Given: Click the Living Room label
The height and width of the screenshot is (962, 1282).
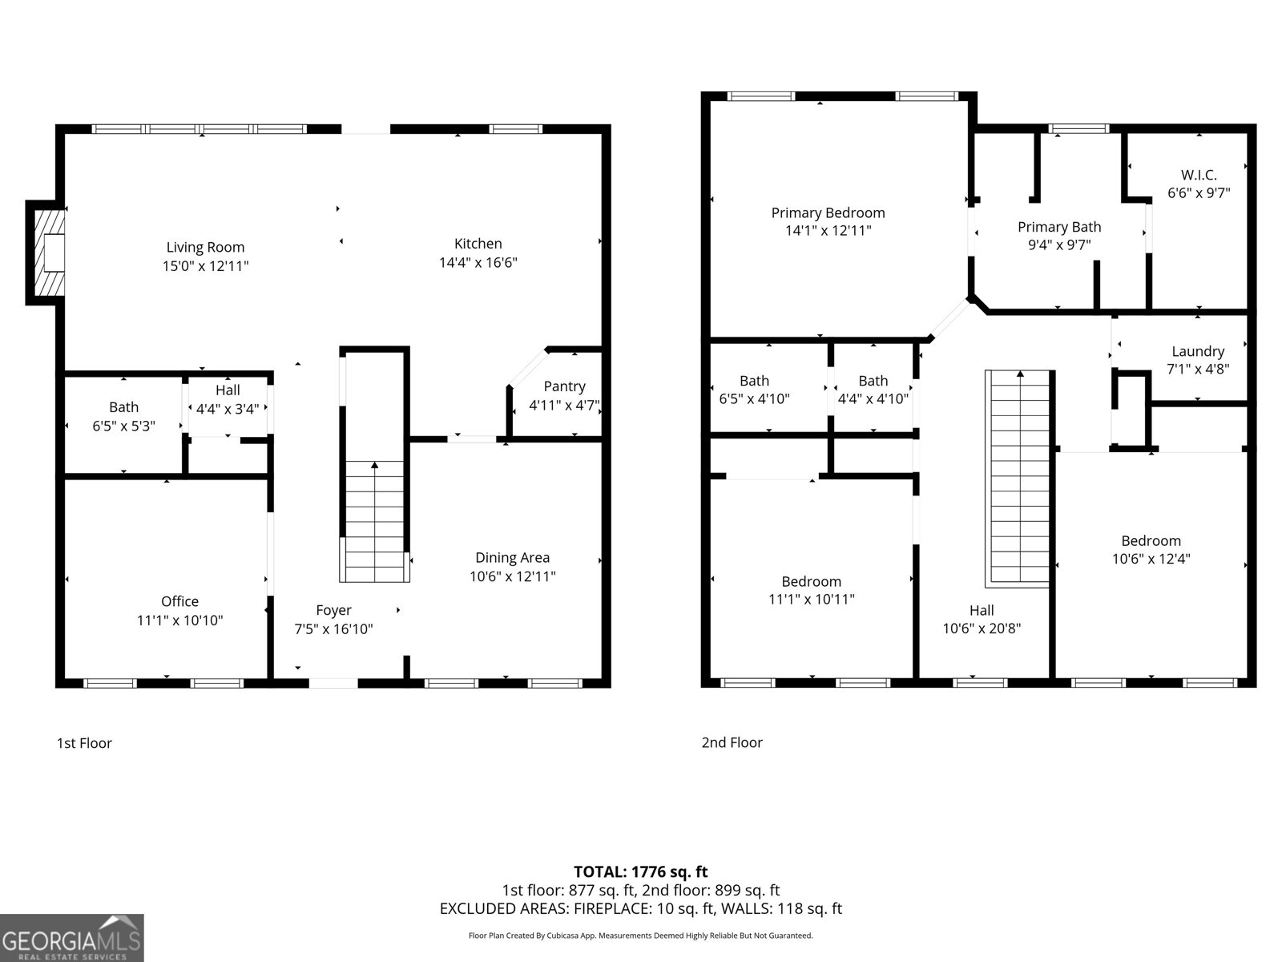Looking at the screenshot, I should [x=205, y=248].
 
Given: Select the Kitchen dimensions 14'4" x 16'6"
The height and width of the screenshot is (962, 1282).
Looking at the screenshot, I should [x=478, y=262].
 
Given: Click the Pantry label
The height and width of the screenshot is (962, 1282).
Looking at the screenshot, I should [x=564, y=386].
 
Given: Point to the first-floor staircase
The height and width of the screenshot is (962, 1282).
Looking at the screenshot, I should [x=374, y=521].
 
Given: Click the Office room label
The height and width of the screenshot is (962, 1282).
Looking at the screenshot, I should [x=179, y=601].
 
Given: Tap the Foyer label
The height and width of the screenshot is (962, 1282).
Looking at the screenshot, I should [x=333, y=610].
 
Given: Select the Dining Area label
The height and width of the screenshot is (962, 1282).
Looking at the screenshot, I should [x=512, y=558].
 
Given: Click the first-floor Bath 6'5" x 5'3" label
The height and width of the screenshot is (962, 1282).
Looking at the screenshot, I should [x=123, y=407].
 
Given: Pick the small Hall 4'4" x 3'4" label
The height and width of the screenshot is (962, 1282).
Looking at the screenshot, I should [x=228, y=390].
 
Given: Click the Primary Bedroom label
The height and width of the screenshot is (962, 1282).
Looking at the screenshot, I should [x=828, y=212].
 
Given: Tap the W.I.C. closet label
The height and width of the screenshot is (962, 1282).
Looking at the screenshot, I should [x=1199, y=175].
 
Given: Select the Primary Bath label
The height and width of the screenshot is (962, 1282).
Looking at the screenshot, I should [x=1059, y=227].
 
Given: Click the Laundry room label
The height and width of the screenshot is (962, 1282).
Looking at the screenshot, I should [x=1198, y=351].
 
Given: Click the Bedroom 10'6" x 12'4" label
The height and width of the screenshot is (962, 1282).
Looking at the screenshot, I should [x=1151, y=540].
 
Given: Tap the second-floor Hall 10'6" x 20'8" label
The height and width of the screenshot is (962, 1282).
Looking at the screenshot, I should [x=981, y=611].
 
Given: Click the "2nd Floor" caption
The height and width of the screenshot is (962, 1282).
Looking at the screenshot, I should [x=732, y=742].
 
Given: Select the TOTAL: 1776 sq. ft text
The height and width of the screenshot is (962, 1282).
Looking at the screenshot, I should [x=640, y=871].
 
